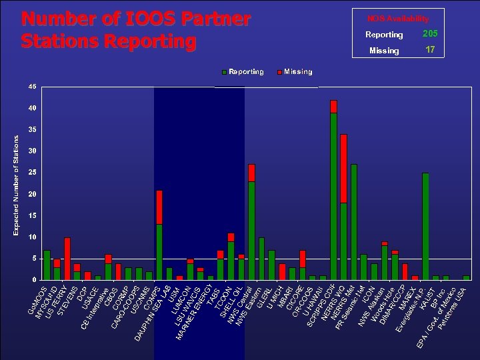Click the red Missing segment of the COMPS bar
tap(159, 207)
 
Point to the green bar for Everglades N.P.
tap(425, 226)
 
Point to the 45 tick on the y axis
tap(33, 87)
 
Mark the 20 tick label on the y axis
tap(33, 194)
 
